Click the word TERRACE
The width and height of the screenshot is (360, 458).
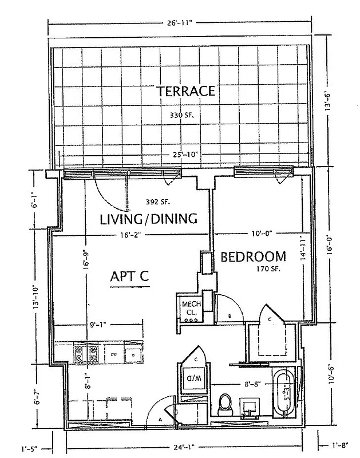[186, 91]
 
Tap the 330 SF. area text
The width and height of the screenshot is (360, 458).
[183, 116]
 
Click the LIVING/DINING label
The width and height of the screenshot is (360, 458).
[149, 219]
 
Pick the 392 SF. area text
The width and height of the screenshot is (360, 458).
[155, 202]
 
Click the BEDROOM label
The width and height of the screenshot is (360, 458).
[253, 256]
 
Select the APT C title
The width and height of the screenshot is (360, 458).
[129, 277]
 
